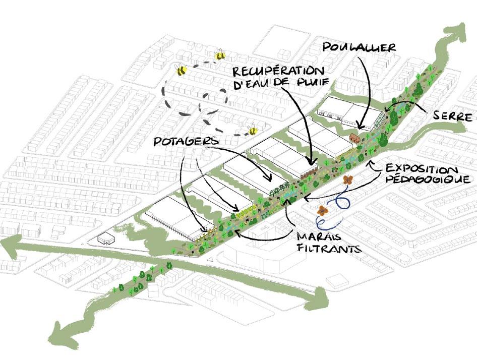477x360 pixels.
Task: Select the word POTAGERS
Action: coord(186,143)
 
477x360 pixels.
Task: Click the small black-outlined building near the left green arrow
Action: coord(106,237)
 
